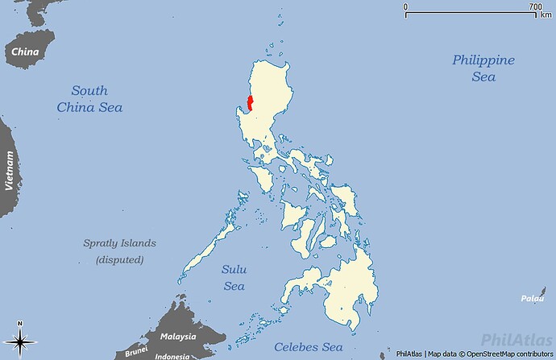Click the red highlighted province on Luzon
pos(251,103)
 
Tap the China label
pos(25,52)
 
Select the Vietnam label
pos(10,169)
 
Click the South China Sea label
pos(89,98)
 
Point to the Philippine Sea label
pos(483,68)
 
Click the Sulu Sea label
pos(233,277)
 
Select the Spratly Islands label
pos(120,243)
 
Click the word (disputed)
pos(120,259)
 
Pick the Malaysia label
pos(177,337)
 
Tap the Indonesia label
pos(172,356)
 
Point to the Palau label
pos(531,298)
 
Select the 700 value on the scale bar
pos(535,6)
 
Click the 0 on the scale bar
pos(406,6)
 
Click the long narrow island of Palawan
pos(212,238)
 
